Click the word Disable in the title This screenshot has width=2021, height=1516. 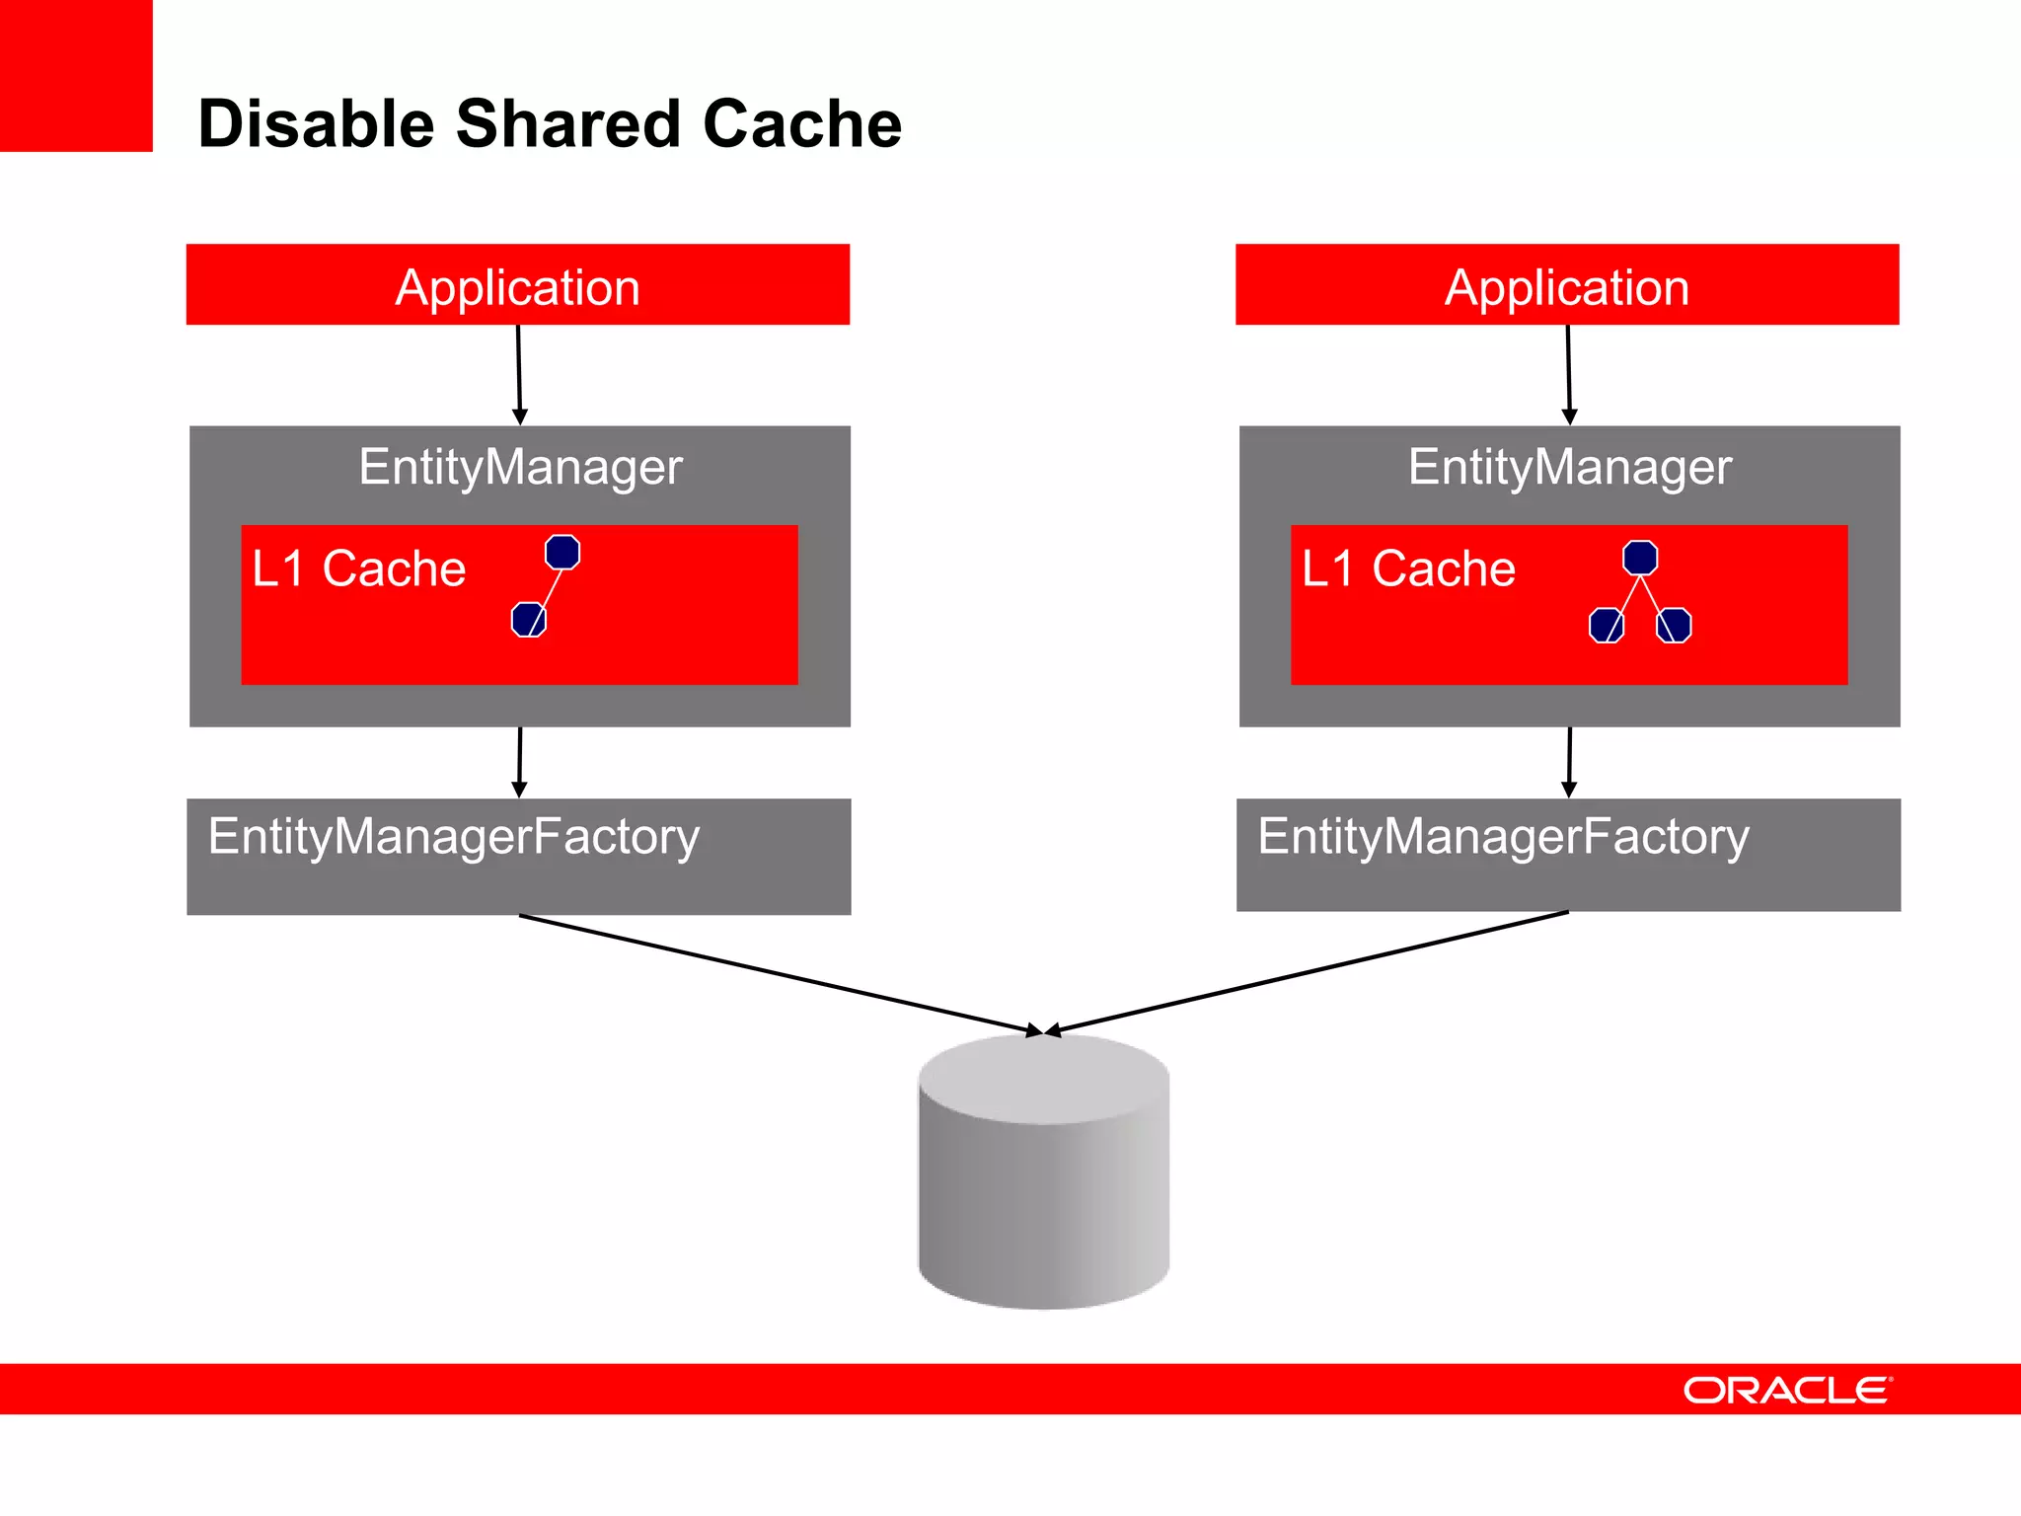pyautogui.click(x=317, y=124)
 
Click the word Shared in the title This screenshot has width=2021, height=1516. pyautogui.click(x=567, y=124)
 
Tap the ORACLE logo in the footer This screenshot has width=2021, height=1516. pyautogui.click(x=1786, y=1390)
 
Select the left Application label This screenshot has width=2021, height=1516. pyautogui.click(x=517, y=287)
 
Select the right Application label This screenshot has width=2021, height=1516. pyautogui.click(x=1566, y=287)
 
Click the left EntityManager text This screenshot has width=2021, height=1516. pyautogui.click(x=520, y=467)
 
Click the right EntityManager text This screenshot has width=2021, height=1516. pyautogui.click(x=1569, y=467)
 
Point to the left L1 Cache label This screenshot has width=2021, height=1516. pyautogui.click(x=358, y=568)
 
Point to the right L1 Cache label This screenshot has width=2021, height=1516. pyautogui.click(x=1408, y=568)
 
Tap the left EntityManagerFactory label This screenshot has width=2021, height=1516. pyautogui.click(x=454, y=837)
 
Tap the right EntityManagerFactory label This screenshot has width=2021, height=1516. pyautogui.click(x=1503, y=837)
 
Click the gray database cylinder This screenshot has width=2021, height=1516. pyautogui.click(x=1043, y=1184)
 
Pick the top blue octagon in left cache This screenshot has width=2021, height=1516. pyautogui.click(x=562, y=552)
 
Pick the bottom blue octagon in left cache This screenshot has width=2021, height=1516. pyautogui.click(x=529, y=620)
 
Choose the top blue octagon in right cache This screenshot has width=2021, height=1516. pyautogui.click(x=1640, y=558)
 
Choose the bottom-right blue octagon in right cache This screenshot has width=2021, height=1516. pyautogui.click(x=1674, y=625)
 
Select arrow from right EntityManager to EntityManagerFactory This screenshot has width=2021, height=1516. pyautogui.click(x=1569, y=760)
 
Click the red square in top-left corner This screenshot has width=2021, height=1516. pyautogui.click(x=76, y=75)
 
